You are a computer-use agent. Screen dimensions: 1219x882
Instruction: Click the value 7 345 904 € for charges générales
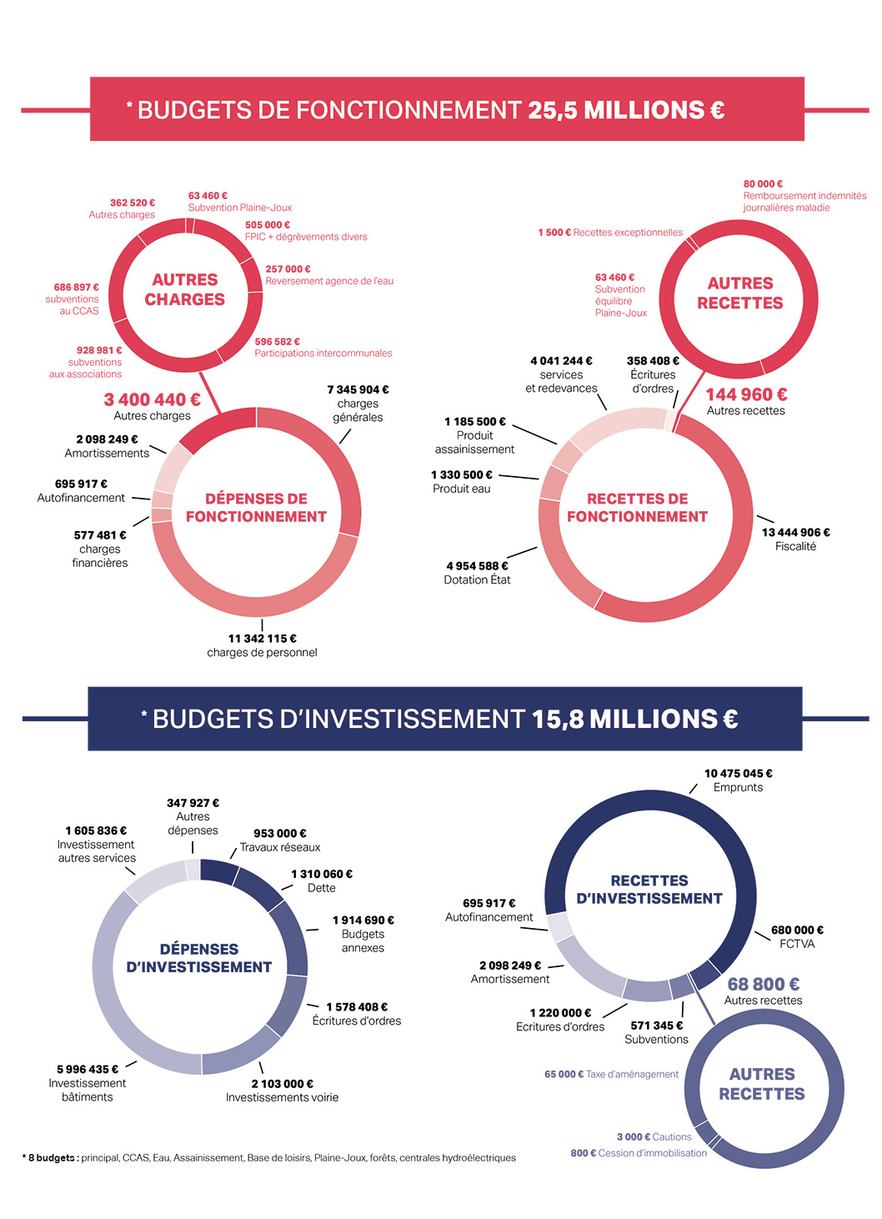click(358, 389)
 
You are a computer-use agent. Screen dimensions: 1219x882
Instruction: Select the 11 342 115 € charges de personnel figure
click(262, 639)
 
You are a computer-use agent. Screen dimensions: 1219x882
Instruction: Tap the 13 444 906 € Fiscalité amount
click(795, 533)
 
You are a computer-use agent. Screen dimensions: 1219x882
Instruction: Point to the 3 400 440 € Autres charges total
click(152, 400)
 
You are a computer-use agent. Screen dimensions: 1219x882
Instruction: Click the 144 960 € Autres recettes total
click(746, 394)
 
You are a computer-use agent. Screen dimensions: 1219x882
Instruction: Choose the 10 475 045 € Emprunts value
click(738, 774)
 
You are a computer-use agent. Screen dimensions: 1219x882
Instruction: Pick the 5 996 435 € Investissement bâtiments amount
click(88, 1070)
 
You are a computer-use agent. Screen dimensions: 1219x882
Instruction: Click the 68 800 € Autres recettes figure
click(763, 985)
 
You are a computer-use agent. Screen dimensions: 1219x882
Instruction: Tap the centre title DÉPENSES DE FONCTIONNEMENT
click(256, 508)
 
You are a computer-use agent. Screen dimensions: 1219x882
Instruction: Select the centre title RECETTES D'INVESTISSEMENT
click(649, 890)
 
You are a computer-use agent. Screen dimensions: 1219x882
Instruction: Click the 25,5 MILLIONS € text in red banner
click(626, 110)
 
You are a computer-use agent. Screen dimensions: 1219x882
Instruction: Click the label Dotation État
click(477, 580)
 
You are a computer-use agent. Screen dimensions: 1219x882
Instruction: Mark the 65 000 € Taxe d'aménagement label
click(611, 1075)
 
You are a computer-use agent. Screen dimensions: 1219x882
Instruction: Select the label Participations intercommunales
click(323, 354)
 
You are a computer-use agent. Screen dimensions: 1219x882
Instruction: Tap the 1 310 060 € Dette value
click(322, 875)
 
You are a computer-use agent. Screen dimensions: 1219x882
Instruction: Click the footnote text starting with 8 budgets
click(268, 1158)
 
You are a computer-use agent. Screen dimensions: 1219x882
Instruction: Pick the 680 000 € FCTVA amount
click(797, 931)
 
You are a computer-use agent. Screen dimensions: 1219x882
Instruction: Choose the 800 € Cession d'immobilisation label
click(639, 1153)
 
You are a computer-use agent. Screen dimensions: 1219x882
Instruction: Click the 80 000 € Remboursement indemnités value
click(763, 184)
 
